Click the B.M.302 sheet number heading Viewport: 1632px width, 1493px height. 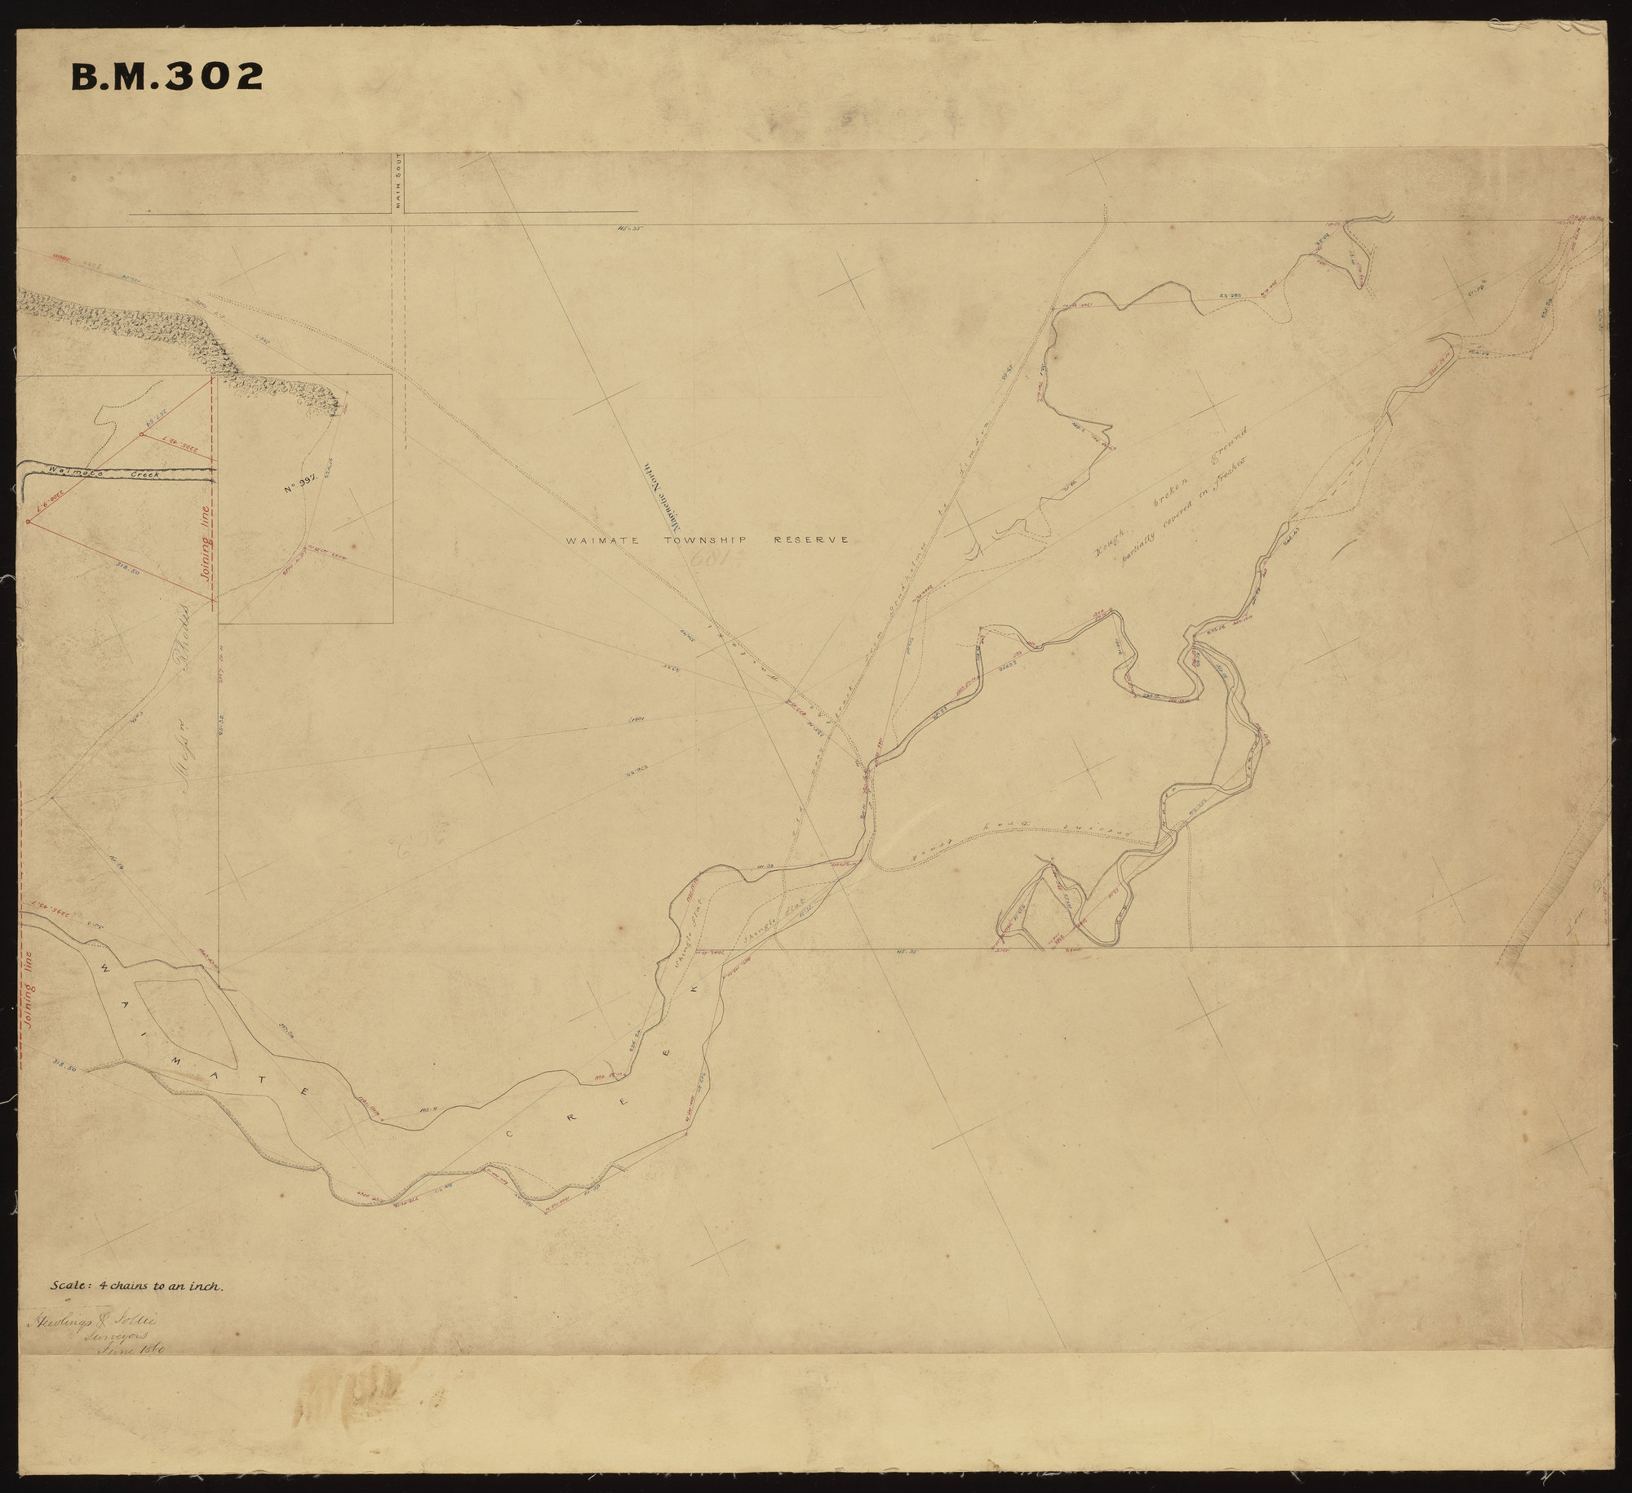167,77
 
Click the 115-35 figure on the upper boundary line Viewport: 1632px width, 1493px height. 631,229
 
